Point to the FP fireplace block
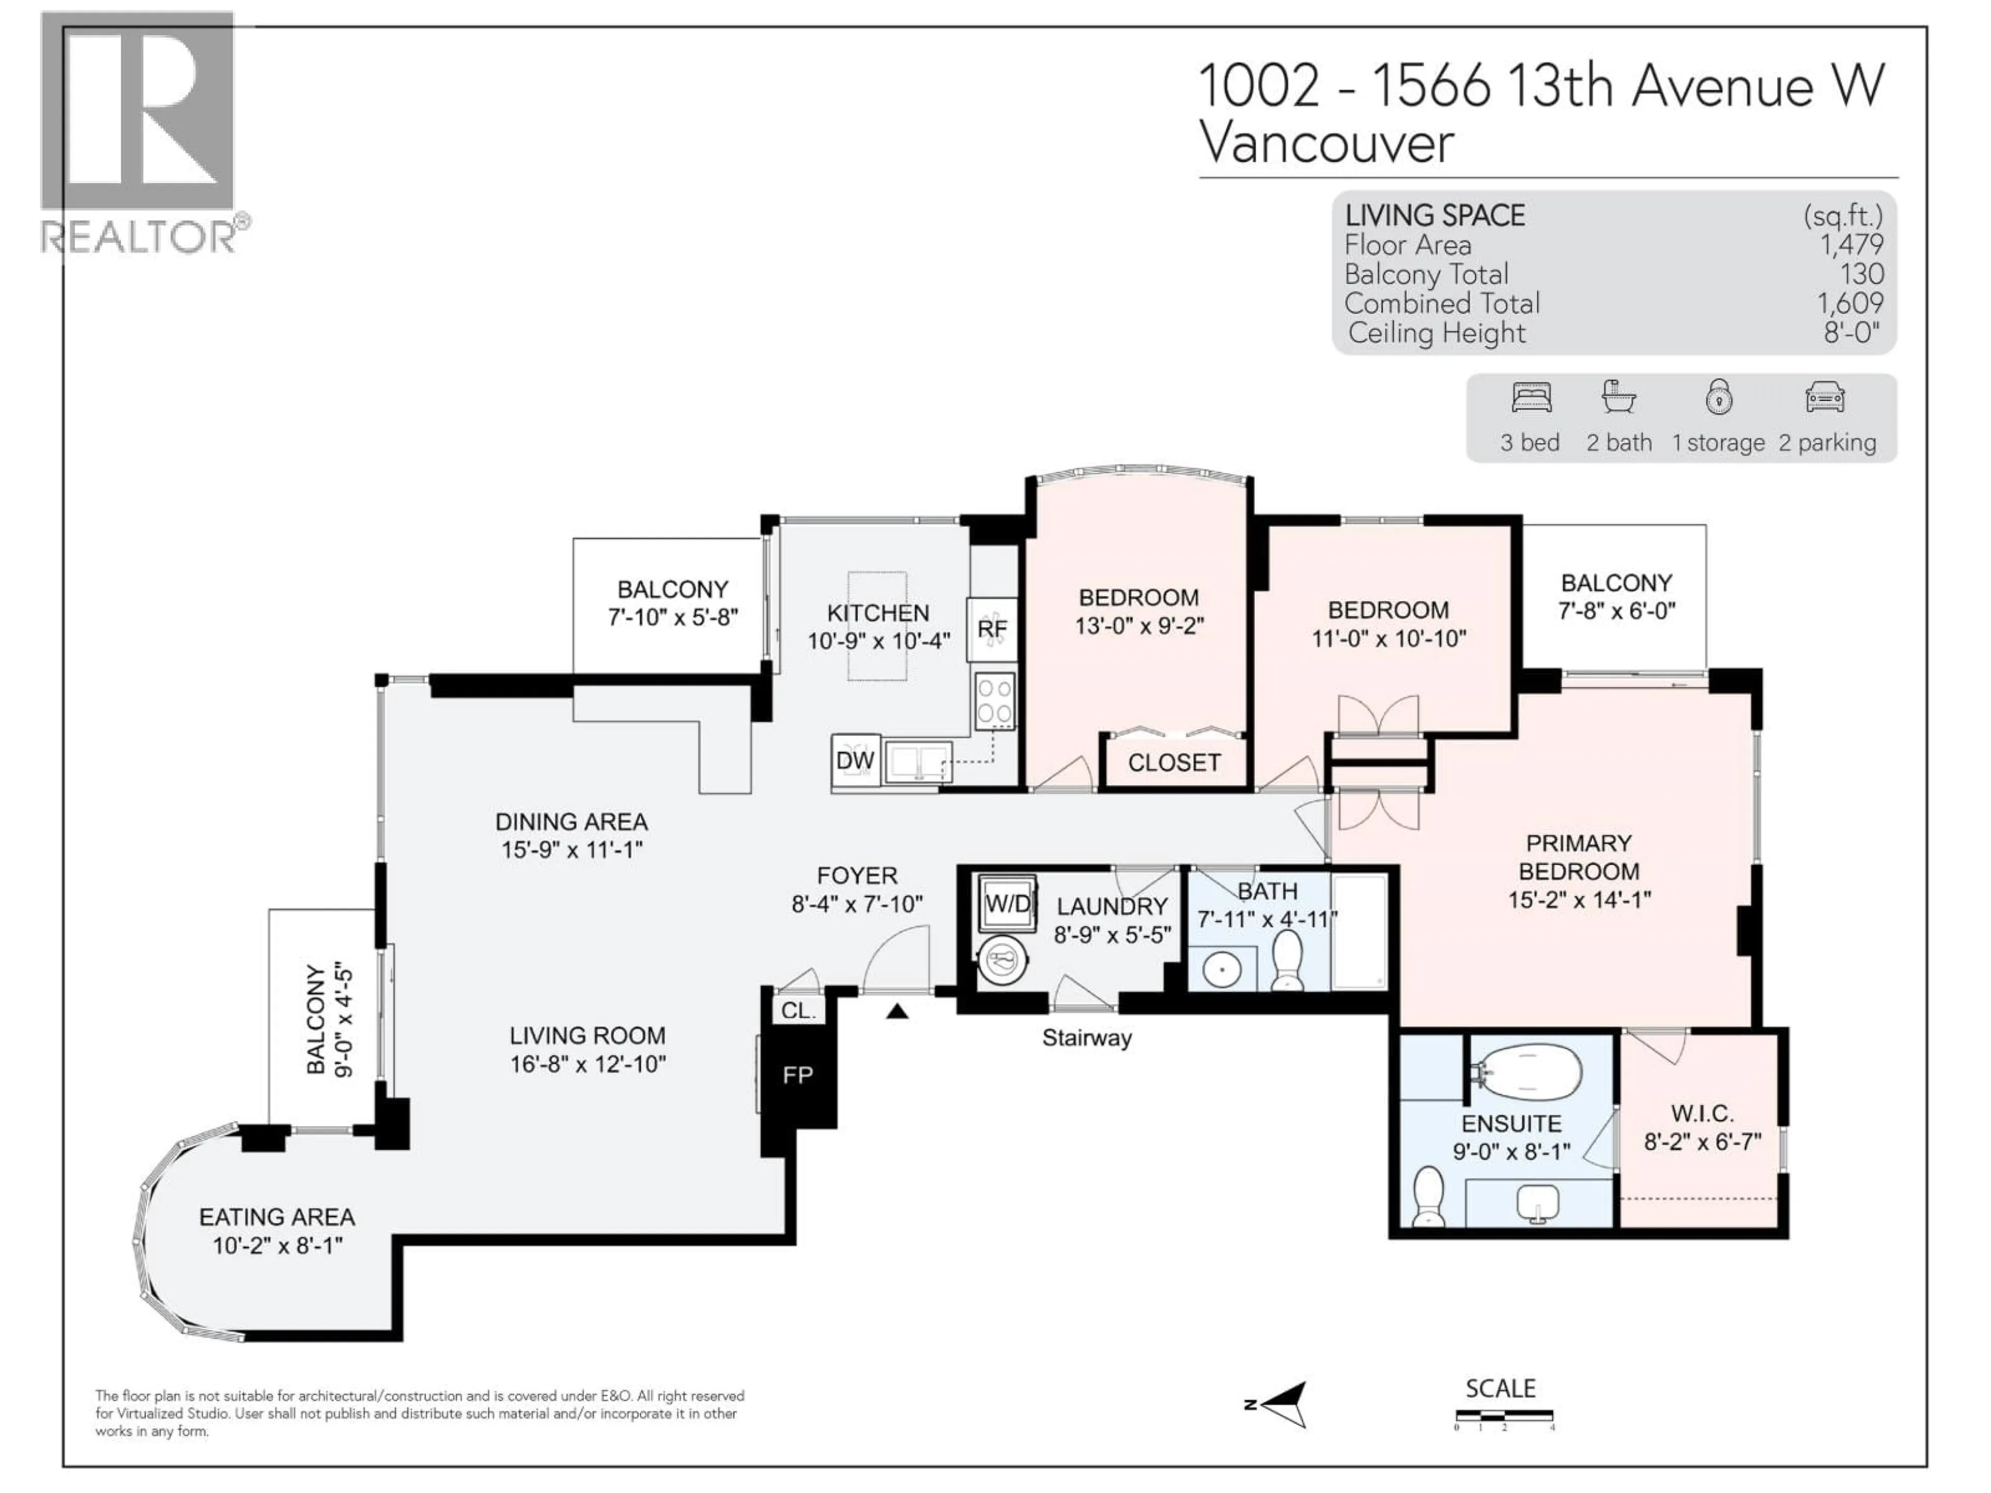pyautogui.click(x=797, y=1075)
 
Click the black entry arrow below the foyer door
pyautogui.click(x=896, y=1011)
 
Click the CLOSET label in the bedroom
pyautogui.click(x=1174, y=763)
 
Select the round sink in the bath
pyautogui.click(x=1222, y=970)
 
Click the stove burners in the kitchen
pyautogui.click(x=994, y=701)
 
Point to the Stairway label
pyautogui.click(x=1086, y=1038)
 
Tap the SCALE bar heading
pyautogui.click(x=1501, y=1389)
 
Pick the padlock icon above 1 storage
pyautogui.click(x=1718, y=397)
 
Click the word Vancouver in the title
pyautogui.click(x=1327, y=143)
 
